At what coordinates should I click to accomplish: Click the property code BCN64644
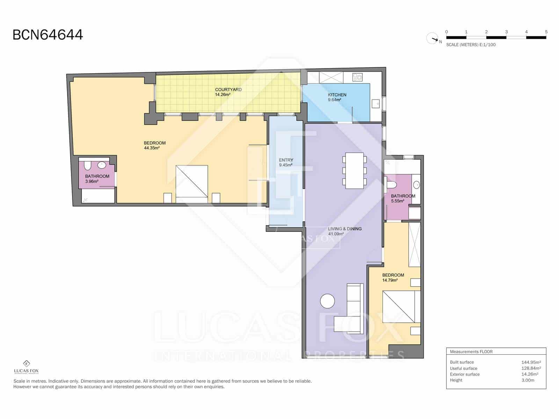tap(48, 35)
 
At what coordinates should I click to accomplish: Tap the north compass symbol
tap(433, 38)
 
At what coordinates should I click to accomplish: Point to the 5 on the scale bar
tap(546, 32)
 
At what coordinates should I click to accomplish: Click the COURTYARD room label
tap(228, 90)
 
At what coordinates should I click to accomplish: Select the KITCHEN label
tap(337, 95)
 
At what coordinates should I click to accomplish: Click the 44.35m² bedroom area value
tap(152, 148)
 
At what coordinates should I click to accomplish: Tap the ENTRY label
tap(286, 160)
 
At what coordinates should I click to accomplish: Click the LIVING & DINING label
tap(344, 229)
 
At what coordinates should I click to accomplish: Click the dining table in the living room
tap(354, 170)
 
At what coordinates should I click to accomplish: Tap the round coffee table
tap(327, 301)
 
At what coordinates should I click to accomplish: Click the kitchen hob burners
tap(357, 77)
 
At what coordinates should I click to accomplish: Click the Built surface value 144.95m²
tap(531, 362)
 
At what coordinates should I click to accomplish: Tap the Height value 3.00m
tap(528, 380)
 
